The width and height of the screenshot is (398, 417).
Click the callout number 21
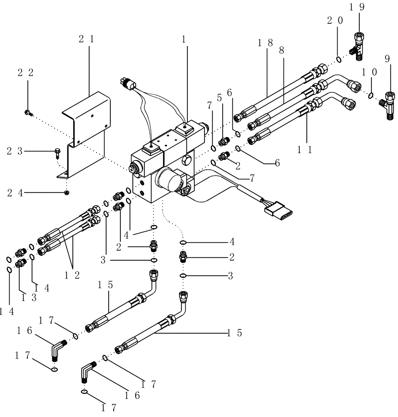click(x=86, y=40)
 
